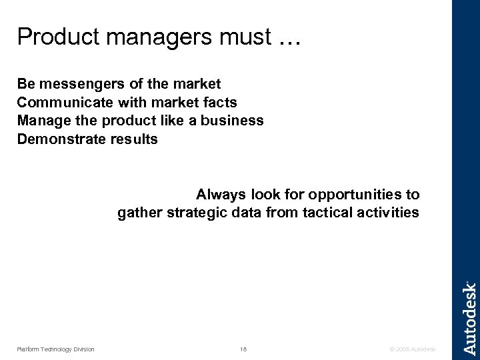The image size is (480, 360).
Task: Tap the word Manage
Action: [41, 121]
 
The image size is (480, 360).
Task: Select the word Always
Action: [218, 195]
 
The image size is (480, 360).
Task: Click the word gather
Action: [138, 213]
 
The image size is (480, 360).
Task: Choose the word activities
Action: [389, 213]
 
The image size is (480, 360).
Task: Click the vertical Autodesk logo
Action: [469, 317]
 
